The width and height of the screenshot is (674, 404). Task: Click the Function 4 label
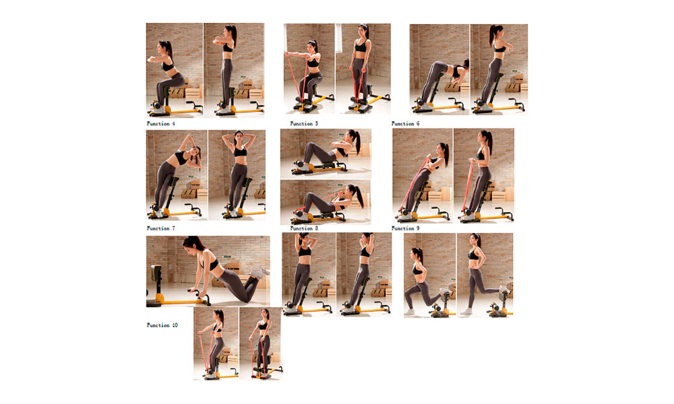161,124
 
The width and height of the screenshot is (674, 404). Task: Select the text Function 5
304,124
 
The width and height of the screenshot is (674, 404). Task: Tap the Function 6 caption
405,124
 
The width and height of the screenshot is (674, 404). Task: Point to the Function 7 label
161,228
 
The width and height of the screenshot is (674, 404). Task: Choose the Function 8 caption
304,228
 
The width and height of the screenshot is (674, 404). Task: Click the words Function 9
405,228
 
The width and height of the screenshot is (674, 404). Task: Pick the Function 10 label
162,325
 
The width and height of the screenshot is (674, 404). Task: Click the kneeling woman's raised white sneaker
259,272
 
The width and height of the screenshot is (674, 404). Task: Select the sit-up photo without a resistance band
326,154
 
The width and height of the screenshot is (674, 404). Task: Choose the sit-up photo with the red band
326,202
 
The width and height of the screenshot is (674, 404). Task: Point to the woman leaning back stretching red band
423,180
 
